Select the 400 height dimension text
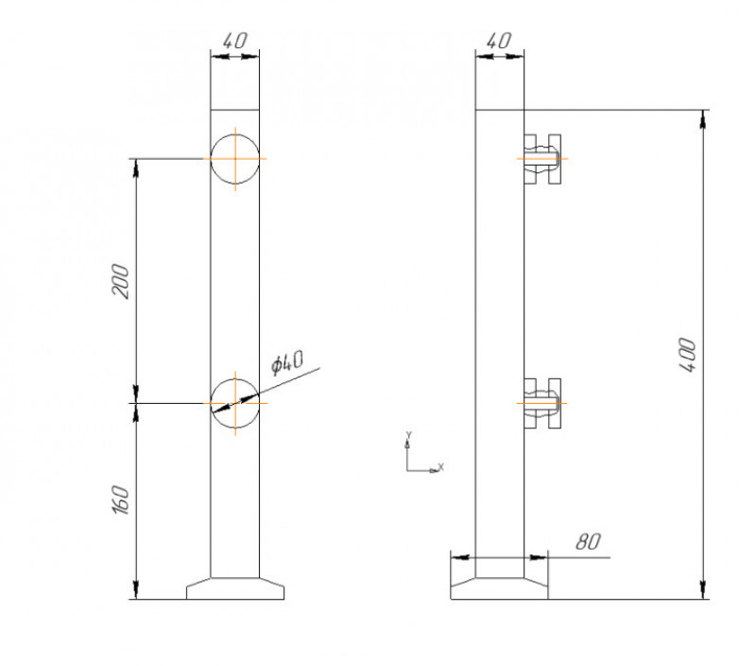tap(689, 355)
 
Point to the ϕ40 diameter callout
tap(286, 362)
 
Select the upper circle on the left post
tap(234, 158)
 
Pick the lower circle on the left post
tap(234, 404)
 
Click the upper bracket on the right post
tap(543, 158)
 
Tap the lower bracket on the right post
tap(543, 403)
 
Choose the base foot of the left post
tap(234, 588)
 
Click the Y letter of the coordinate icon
tap(408, 435)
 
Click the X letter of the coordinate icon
tap(441, 467)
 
